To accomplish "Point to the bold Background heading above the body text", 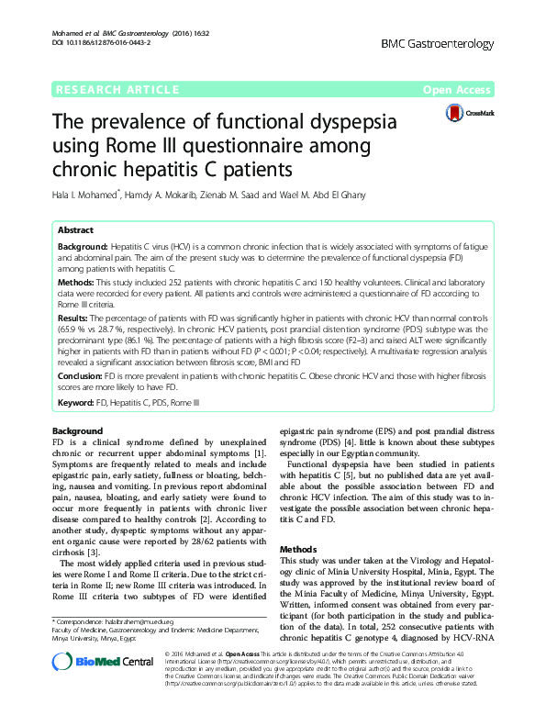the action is (77, 430).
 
